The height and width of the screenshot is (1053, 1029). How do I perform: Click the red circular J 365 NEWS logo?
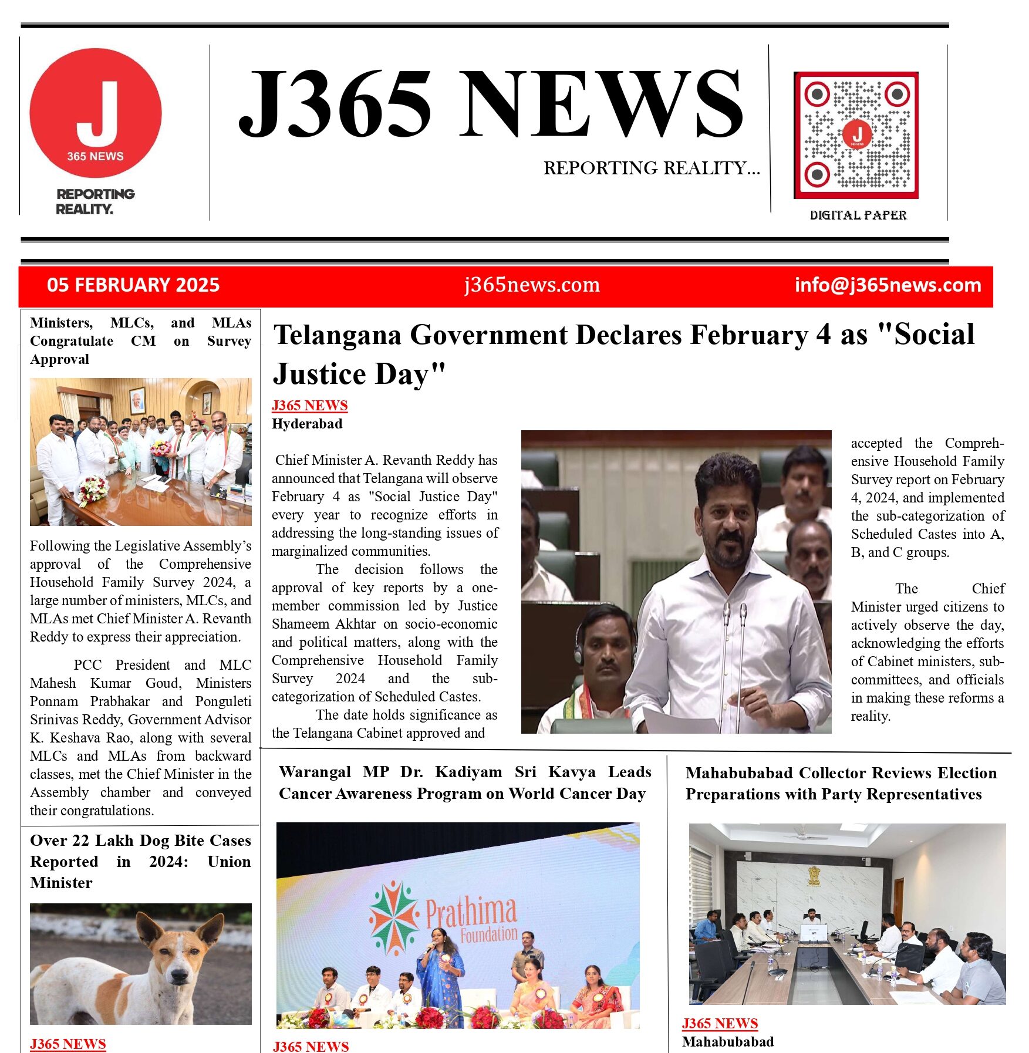(x=96, y=113)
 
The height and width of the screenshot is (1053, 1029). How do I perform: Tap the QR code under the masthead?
(x=856, y=135)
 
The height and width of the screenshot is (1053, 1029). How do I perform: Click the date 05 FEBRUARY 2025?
(x=133, y=285)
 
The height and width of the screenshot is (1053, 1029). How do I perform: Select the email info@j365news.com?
(x=888, y=285)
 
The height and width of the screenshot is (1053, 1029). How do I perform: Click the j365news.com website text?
(x=532, y=285)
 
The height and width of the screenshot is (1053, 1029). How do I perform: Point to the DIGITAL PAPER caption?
(x=858, y=215)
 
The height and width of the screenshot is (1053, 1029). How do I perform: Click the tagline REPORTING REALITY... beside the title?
(x=652, y=168)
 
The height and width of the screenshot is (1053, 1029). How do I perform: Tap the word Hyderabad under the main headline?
(x=307, y=424)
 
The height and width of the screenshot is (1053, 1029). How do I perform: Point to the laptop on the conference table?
(x=814, y=933)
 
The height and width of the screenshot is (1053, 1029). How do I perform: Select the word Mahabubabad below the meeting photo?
(x=728, y=1042)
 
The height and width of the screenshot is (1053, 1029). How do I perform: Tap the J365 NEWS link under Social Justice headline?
(x=309, y=406)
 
